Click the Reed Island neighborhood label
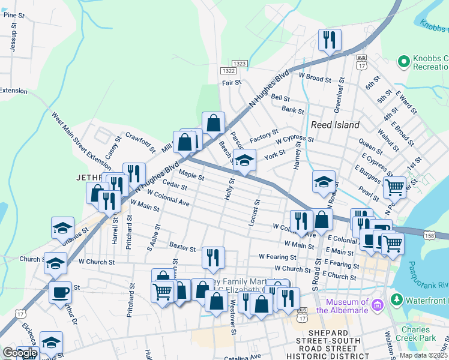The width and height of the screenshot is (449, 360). pos(335,125)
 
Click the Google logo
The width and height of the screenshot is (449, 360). pos(20,353)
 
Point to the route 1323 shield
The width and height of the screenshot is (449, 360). pos(240,63)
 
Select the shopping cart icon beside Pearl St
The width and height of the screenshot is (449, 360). pos(394,187)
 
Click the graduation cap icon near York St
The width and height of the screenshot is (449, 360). pos(244,160)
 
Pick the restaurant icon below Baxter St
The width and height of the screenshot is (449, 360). pos(213,257)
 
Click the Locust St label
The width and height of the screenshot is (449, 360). pos(255,213)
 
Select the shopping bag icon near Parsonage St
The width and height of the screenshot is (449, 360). pos(213,123)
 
